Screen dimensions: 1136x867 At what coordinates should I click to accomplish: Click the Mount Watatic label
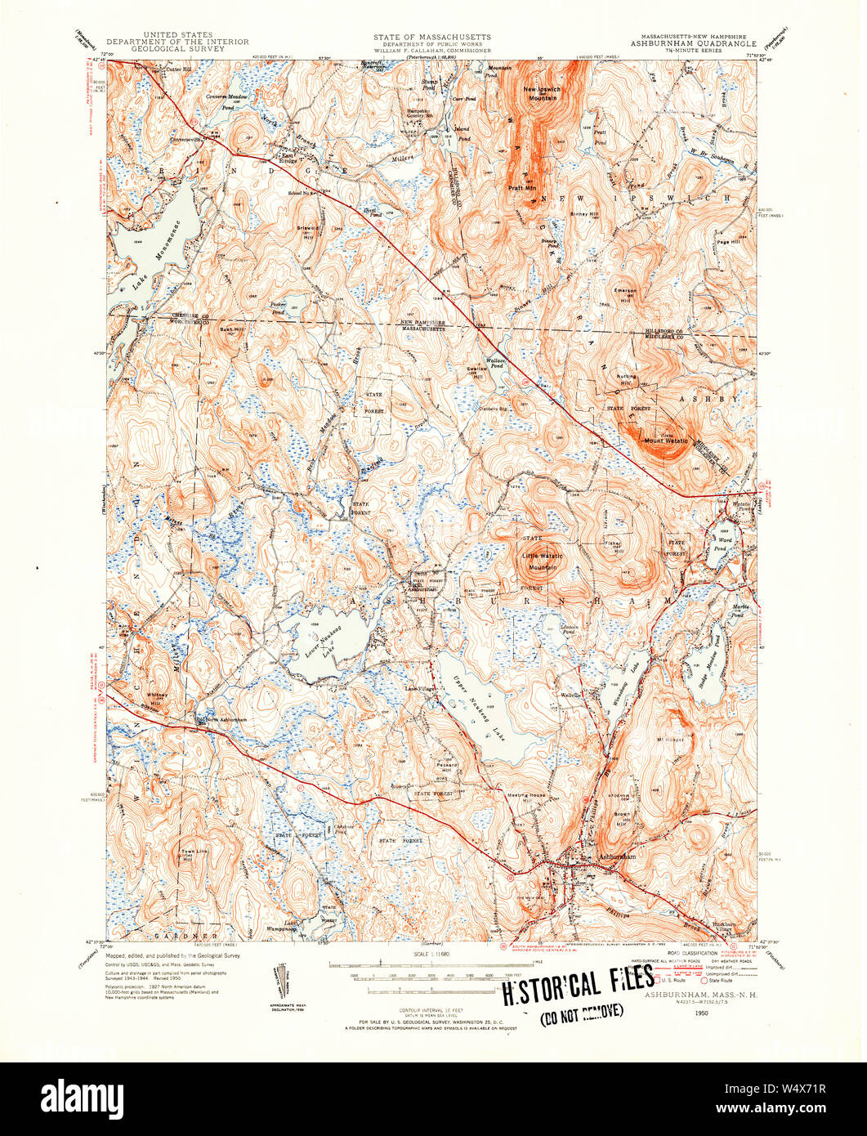[666, 442]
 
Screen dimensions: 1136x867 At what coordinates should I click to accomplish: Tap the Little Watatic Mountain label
[543, 561]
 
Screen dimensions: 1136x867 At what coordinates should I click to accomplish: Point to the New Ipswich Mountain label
[541, 92]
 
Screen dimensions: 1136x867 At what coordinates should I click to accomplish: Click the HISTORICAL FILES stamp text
[577, 985]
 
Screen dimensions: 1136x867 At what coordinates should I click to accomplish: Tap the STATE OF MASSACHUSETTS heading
[432, 38]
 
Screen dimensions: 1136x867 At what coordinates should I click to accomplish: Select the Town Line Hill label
[187, 856]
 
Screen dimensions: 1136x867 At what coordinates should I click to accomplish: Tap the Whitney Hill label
[156, 698]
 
